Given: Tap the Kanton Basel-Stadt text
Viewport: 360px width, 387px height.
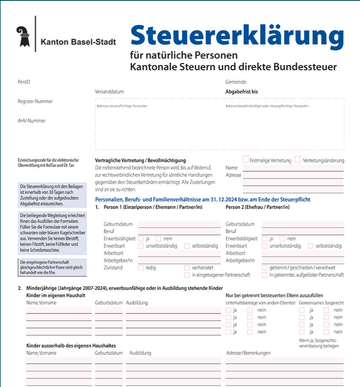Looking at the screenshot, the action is click(x=78, y=42).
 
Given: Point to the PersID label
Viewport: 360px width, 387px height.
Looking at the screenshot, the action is click(x=24, y=82).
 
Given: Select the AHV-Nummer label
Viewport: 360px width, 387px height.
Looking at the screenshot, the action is click(x=31, y=121).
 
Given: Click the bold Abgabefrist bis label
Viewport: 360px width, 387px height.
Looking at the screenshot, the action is click(x=241, y=91).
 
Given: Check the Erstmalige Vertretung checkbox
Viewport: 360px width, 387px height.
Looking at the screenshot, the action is click(x=246, y=160).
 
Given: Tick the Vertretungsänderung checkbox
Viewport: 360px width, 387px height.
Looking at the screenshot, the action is click(x=298, y=160).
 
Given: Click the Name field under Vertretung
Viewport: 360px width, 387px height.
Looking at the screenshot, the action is click(x=293, y=167).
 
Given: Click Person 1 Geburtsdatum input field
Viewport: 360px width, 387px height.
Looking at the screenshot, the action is click(x=179, y=224).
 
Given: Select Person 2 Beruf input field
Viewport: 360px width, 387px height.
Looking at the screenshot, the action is click(x=303, y=232).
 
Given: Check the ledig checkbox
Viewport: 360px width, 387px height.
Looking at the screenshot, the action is click(x=141, y=268).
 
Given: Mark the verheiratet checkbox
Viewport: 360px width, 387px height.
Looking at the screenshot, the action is click(x=187, y=268).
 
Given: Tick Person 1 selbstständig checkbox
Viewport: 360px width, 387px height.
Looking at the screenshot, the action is click(x=187, y=246).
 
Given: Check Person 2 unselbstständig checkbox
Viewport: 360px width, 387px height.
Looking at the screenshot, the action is click(x=265, y=246).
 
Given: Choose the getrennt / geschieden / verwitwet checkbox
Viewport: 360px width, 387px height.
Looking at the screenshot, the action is click(x=265, y=268).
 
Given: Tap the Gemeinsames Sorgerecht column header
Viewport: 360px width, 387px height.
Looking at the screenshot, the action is click(x=321, y=302).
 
